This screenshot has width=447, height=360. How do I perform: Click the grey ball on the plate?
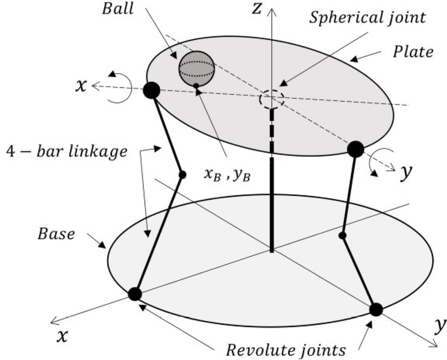pyautogui.click(x=197, y=69)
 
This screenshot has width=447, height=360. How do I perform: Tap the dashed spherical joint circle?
pyautogui.click(x=272, y=100)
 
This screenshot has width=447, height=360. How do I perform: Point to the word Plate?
pyautogui.click(x=412, y=52)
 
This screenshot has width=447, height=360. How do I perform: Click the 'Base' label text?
pyautogui.click(x=56, y=234)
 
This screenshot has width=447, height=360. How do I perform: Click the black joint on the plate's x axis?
pyautogui.click(x=151, y=90)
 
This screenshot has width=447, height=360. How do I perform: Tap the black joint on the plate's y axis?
pyautogui.click(x=355, y=149)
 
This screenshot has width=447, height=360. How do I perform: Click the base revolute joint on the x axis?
pyautogui.click(x=135, y=294)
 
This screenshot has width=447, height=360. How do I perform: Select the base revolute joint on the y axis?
pyautogui.click(x=376, y=309)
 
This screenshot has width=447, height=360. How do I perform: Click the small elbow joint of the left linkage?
pyautogui.click(x=182, y=175)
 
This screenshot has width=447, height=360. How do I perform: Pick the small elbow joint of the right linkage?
pyautogui.click(x=343, y=236)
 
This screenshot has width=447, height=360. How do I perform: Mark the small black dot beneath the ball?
pyautogui.click(x=196, y=85)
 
